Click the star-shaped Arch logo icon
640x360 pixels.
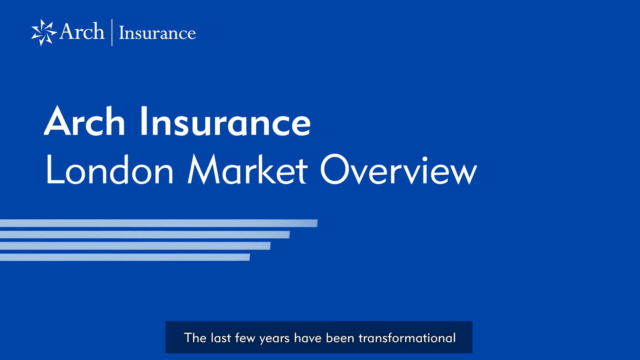[44, 32]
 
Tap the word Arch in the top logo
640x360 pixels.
[82, 32]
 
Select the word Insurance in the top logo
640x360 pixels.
[157, 33]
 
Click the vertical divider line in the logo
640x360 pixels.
[112, 32]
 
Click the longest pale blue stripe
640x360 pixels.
[158, 223]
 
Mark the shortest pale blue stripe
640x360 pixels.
[125, 257]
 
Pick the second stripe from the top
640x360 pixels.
[145, 235]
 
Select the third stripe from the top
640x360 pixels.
[135, 246]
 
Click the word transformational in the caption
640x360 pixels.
[407, 338]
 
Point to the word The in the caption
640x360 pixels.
[195, 338]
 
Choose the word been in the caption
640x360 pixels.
[340, 338]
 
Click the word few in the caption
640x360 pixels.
[245, 338]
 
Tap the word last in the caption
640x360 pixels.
[221, 338]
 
